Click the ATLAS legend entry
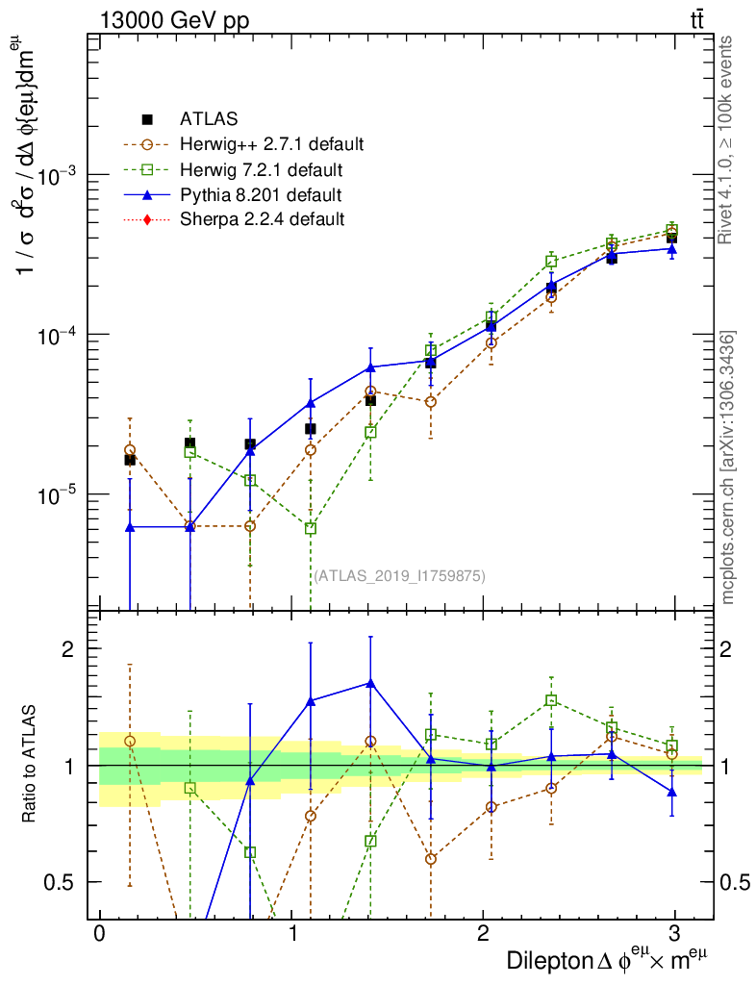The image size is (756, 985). (209, 119)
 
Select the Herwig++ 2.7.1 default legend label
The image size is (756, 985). (271, 145)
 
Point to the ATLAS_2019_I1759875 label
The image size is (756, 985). (399, 576)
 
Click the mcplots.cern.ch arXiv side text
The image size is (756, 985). (728, 467)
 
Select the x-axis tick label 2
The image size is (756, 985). (483, 934)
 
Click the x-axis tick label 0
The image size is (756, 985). (99, 934)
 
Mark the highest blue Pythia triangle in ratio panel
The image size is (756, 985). (370, 683)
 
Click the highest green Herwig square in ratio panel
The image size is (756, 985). (551, 700)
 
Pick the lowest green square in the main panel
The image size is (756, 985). (311, 528)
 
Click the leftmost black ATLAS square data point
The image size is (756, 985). (130, 460)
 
